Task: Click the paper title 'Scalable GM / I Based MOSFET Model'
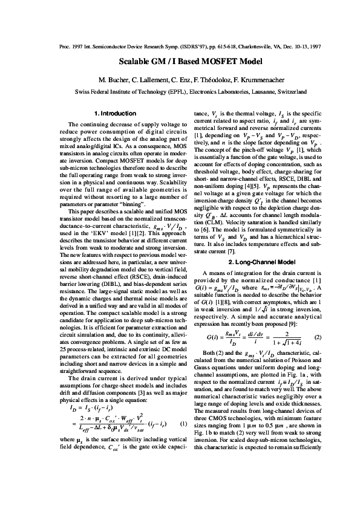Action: click(180, 63)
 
